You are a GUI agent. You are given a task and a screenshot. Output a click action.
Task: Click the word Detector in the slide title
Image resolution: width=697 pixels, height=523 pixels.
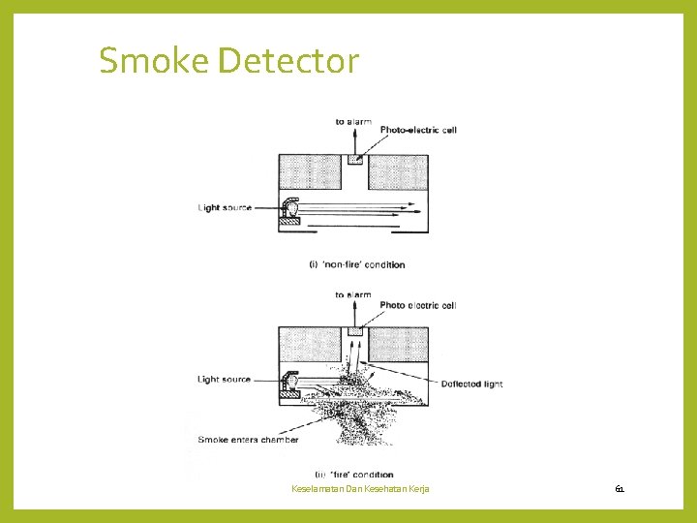288,61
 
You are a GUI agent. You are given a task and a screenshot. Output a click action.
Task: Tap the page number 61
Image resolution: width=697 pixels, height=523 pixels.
620,489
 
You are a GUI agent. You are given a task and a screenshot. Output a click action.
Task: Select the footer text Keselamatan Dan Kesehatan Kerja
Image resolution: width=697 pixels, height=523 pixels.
360,489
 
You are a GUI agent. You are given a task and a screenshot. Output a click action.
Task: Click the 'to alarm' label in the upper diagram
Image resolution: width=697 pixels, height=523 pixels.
352,121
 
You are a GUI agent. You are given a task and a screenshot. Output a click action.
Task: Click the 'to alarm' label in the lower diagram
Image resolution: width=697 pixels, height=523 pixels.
352,294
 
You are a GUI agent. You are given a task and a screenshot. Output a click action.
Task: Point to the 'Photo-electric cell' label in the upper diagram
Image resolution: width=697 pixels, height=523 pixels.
418,130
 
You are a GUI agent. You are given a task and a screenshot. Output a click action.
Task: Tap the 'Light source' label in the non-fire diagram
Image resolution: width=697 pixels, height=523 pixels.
225,207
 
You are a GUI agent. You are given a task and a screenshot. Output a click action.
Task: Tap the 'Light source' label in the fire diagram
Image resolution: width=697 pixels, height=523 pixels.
225,380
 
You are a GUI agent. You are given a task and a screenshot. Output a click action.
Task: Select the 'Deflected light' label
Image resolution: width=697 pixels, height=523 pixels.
471,384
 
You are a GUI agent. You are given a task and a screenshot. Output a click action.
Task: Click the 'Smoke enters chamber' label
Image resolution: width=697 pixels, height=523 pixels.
248,440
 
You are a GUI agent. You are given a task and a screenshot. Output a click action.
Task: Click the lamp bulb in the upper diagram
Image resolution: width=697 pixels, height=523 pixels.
290,207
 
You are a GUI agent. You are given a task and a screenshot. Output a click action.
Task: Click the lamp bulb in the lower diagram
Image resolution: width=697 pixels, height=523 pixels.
290,380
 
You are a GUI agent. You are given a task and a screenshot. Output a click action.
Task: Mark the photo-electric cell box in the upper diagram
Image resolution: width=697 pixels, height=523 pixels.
354,160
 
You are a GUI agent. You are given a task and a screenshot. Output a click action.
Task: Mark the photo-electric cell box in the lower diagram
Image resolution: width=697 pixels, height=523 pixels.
354,332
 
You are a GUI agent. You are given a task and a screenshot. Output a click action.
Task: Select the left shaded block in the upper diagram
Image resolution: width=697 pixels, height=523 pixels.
310,172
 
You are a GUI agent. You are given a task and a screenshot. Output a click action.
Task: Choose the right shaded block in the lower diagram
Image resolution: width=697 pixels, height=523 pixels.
399,345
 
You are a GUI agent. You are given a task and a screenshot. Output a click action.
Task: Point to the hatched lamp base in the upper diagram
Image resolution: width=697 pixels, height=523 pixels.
288,223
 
